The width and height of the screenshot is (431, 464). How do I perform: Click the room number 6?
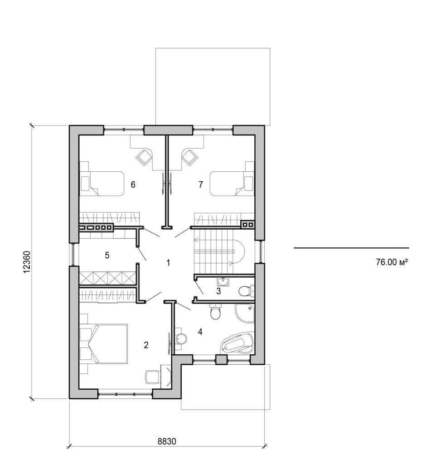click(133, 184)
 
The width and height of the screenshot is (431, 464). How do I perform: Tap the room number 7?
click(200, 184)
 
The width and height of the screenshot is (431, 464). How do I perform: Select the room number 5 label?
click(107, 255)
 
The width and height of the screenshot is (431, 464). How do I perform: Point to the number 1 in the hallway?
click(168, 262)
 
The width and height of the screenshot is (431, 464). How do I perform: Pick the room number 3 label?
click(218, 291)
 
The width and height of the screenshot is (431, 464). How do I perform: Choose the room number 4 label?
click(200, 332)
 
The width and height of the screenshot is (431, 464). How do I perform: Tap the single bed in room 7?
click(228, 183)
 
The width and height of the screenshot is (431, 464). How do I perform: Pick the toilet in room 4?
click(215, 313)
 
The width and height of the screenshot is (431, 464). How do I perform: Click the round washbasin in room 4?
click(181, 338)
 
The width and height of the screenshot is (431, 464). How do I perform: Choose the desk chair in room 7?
click(189, 157)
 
